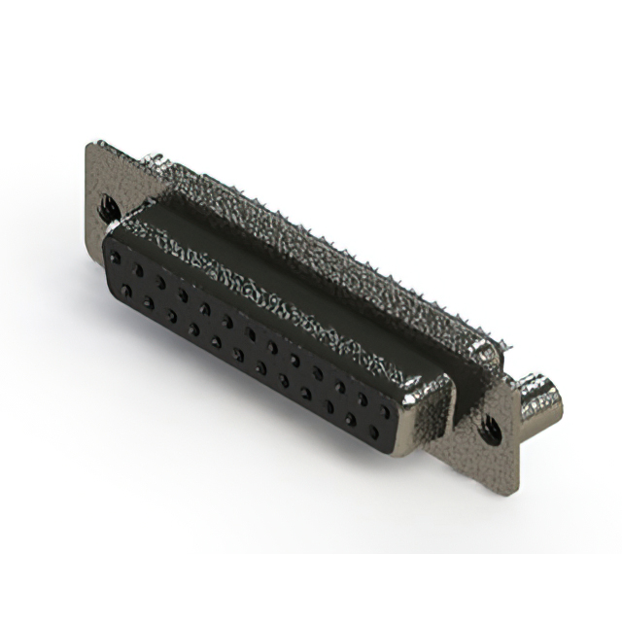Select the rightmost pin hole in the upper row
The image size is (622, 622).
[x=386, y=412]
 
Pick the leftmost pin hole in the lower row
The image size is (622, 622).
[x=124, y=291]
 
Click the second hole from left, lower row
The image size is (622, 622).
[x=147, y=303]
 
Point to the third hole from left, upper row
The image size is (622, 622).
[x=161, y=282]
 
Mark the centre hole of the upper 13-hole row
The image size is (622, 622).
[x=251, y=334]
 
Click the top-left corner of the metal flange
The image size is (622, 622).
[x=90, y=146]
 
